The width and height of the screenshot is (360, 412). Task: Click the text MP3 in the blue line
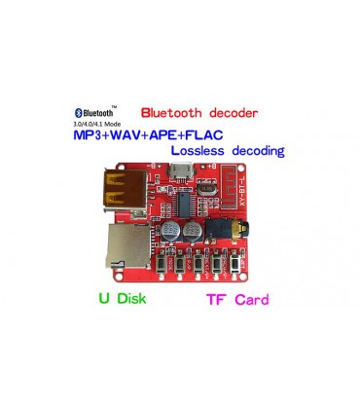pos(93,136)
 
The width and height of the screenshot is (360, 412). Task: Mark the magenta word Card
pos(250,299)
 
